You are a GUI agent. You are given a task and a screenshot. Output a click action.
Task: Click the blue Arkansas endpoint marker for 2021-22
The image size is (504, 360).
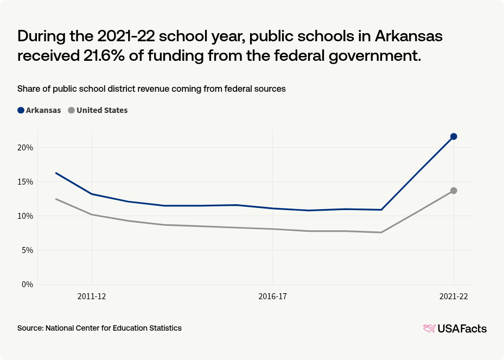454,136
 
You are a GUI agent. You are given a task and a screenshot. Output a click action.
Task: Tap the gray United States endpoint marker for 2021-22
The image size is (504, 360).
454,191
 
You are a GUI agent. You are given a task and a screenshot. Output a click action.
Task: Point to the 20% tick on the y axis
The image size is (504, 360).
25,148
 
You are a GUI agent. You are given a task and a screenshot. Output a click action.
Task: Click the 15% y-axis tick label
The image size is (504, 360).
25,182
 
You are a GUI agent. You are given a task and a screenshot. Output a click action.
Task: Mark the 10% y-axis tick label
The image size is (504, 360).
25,216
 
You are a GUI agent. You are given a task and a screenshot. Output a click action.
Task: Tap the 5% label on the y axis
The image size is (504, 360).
27,250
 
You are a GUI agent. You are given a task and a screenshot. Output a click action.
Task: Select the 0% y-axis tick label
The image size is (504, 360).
27,285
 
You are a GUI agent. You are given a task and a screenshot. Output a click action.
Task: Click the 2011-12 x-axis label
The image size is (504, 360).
92,297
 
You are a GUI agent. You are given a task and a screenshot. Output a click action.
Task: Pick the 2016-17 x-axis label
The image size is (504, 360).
272,297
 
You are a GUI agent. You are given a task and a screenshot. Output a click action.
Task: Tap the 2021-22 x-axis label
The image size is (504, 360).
454,297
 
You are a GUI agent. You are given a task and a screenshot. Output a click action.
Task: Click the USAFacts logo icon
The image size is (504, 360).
429,329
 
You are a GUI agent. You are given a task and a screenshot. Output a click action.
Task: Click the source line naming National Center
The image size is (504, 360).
99,328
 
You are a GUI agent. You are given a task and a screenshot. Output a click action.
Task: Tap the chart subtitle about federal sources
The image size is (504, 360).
151,89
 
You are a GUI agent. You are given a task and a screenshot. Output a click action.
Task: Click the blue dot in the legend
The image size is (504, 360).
21,110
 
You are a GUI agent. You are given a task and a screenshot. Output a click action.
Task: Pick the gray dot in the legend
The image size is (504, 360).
71,110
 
